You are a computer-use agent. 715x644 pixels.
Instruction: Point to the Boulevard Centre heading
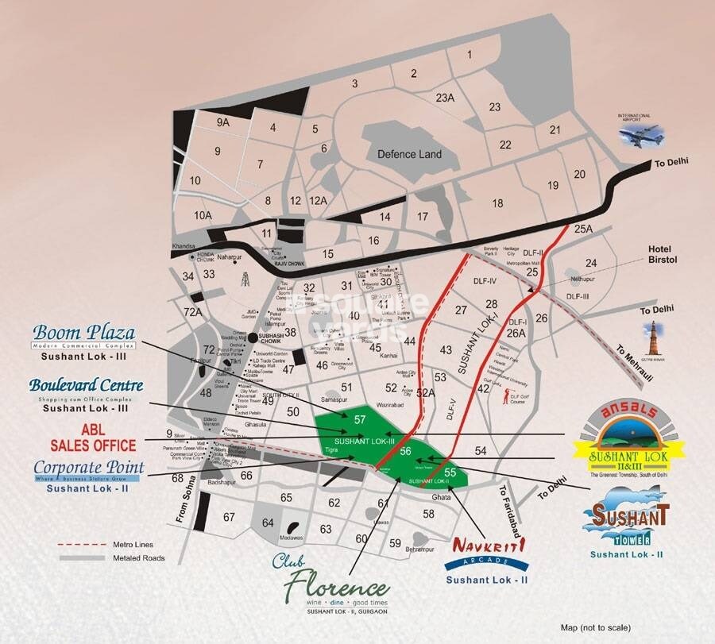87,385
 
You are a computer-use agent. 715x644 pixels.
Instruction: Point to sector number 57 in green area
360,419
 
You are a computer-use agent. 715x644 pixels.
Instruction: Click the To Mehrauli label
631,358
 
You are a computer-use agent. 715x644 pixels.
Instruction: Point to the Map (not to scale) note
596,627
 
